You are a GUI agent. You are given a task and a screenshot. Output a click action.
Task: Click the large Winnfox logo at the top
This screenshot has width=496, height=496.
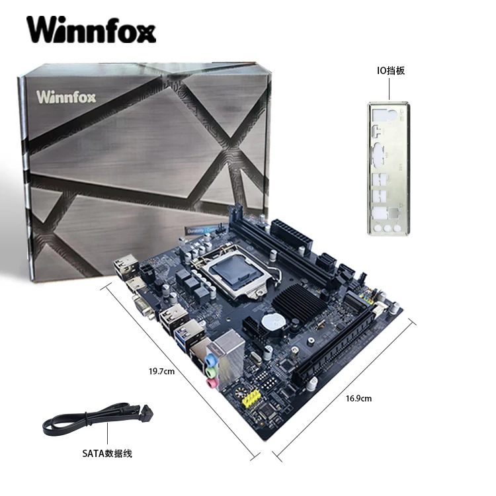(x=91, y=30)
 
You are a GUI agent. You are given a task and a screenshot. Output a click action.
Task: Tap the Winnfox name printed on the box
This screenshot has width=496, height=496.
(x=67, y=97)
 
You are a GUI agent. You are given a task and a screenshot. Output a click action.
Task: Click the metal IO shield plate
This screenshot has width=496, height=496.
(x=388, y=170)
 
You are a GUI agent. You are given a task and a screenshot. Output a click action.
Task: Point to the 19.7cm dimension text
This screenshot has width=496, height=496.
(x=161, y=371)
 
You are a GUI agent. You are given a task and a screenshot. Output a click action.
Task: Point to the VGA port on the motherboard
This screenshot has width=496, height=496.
(x=145, y=306)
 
